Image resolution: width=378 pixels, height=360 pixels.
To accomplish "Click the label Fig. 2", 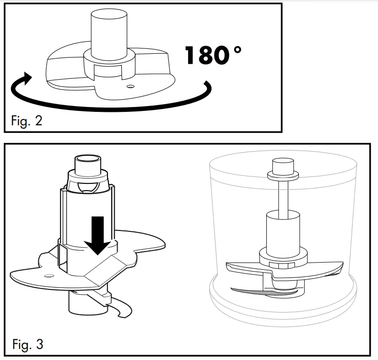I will point(26,120).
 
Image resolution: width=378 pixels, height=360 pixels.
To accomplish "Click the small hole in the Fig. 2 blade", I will point(130,87).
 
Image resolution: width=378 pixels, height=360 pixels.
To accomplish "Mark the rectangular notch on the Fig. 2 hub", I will point(108,72).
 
